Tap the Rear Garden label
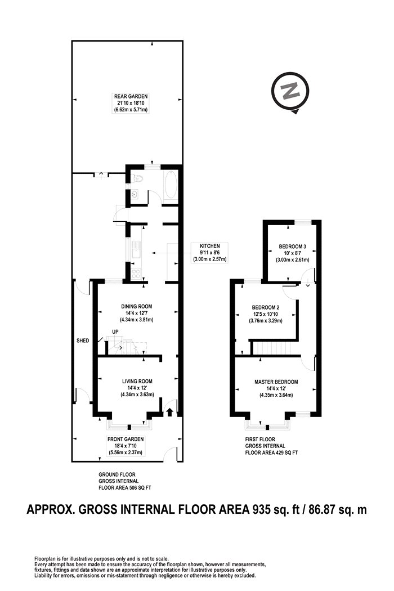[x=131, y=96]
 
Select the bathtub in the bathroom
[x=170, y=185]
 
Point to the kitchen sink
[x=136, y=250]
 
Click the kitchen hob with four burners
[x=136, y=274]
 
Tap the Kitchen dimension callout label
[x=210, y=253]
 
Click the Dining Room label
[x=136, y=306]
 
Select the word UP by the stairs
[x=115, y=332]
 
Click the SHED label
[x=83, y=341]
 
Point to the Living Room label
[x=137, y=381]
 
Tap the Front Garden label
[x=126, y=439]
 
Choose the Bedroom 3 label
[x=293, y=247]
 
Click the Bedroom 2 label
[x=266, y=307]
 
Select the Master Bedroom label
[x=276, y=382]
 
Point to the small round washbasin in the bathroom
[x=135, y=195]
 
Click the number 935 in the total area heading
[x=261, y=509]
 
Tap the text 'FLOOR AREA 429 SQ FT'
[x=271, y=453]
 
